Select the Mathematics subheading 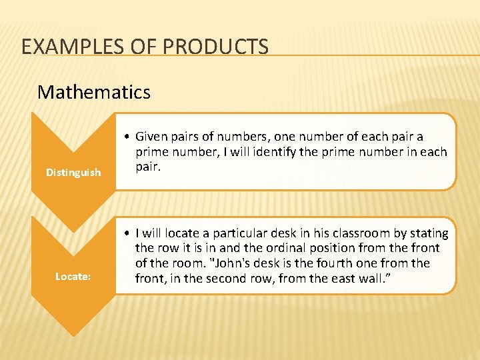94,91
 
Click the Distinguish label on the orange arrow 73,173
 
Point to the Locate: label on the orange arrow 73,276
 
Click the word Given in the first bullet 151,137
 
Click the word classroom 350,233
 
